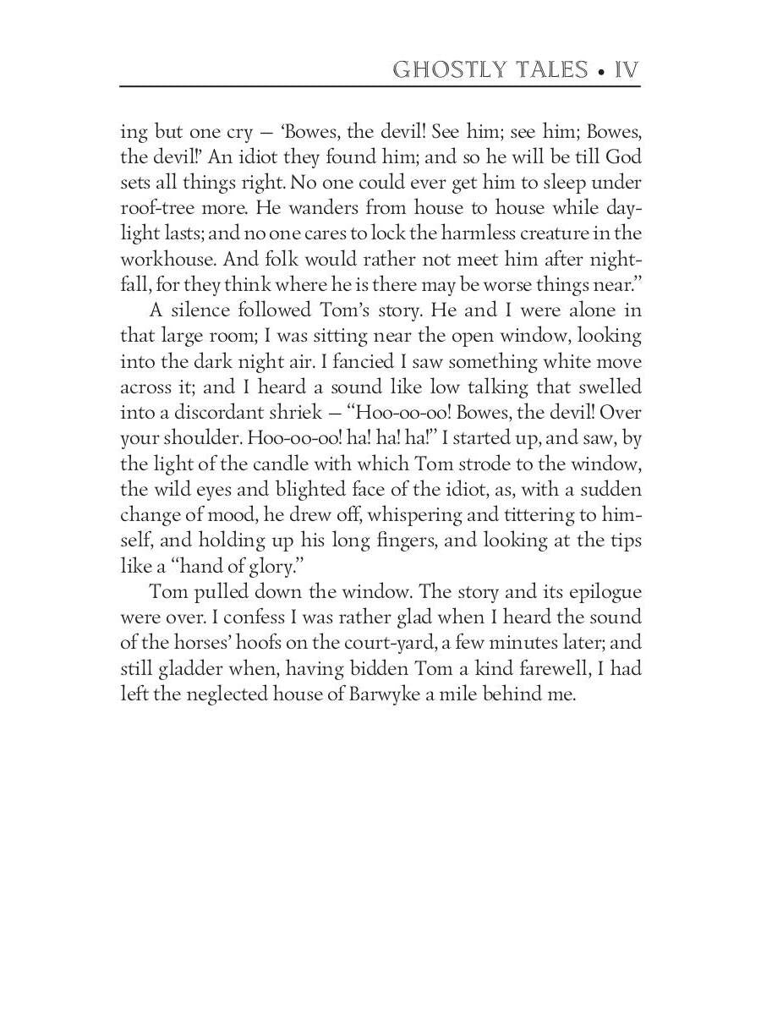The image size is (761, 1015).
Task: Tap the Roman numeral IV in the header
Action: [x=627, y=69]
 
